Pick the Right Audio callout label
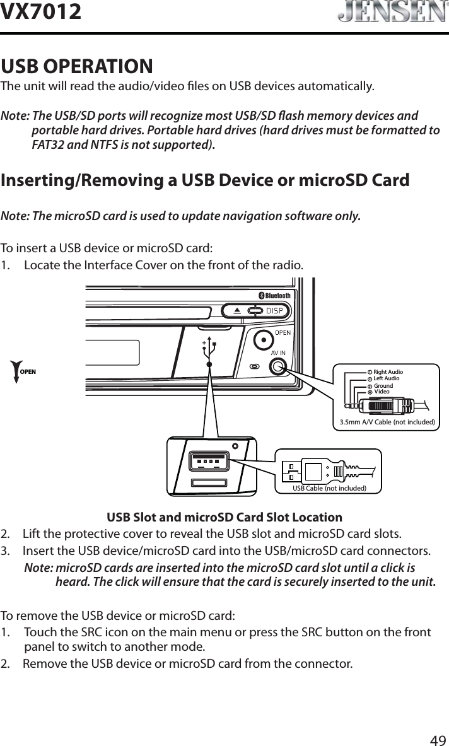388,373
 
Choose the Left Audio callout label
386,378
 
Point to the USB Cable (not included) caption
329,488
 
